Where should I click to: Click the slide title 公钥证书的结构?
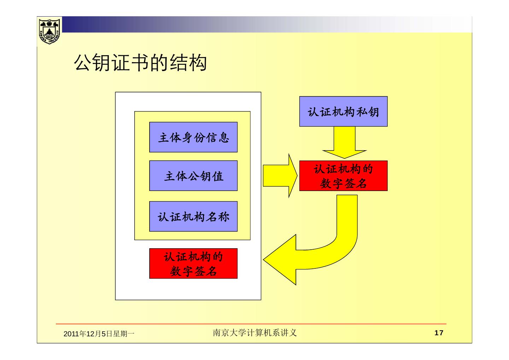140,63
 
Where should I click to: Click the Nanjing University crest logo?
49,31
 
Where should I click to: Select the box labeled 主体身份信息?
193,137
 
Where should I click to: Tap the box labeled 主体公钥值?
193,176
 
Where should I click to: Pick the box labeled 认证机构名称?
193,216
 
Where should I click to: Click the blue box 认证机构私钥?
343,111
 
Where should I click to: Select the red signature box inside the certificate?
193,263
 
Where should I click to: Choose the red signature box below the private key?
343,176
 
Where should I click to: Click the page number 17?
438,333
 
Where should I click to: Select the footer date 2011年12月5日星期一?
99,333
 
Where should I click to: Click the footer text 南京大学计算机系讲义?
255,333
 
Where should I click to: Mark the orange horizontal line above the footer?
251,324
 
